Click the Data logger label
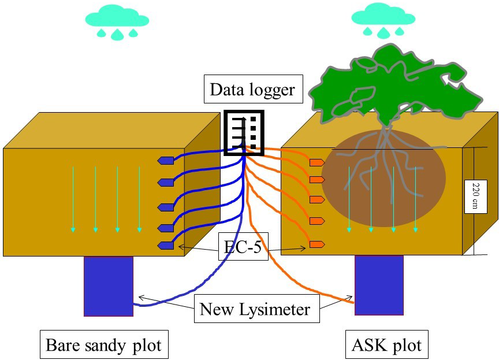252,90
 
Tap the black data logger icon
244,133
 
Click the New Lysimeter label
255,309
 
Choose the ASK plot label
386,346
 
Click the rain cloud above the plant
383,20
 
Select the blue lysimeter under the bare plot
109,286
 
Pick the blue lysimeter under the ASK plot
379,285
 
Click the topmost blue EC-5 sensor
166,160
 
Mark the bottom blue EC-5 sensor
166,246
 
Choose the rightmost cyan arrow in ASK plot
415,199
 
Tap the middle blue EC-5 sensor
166,207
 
